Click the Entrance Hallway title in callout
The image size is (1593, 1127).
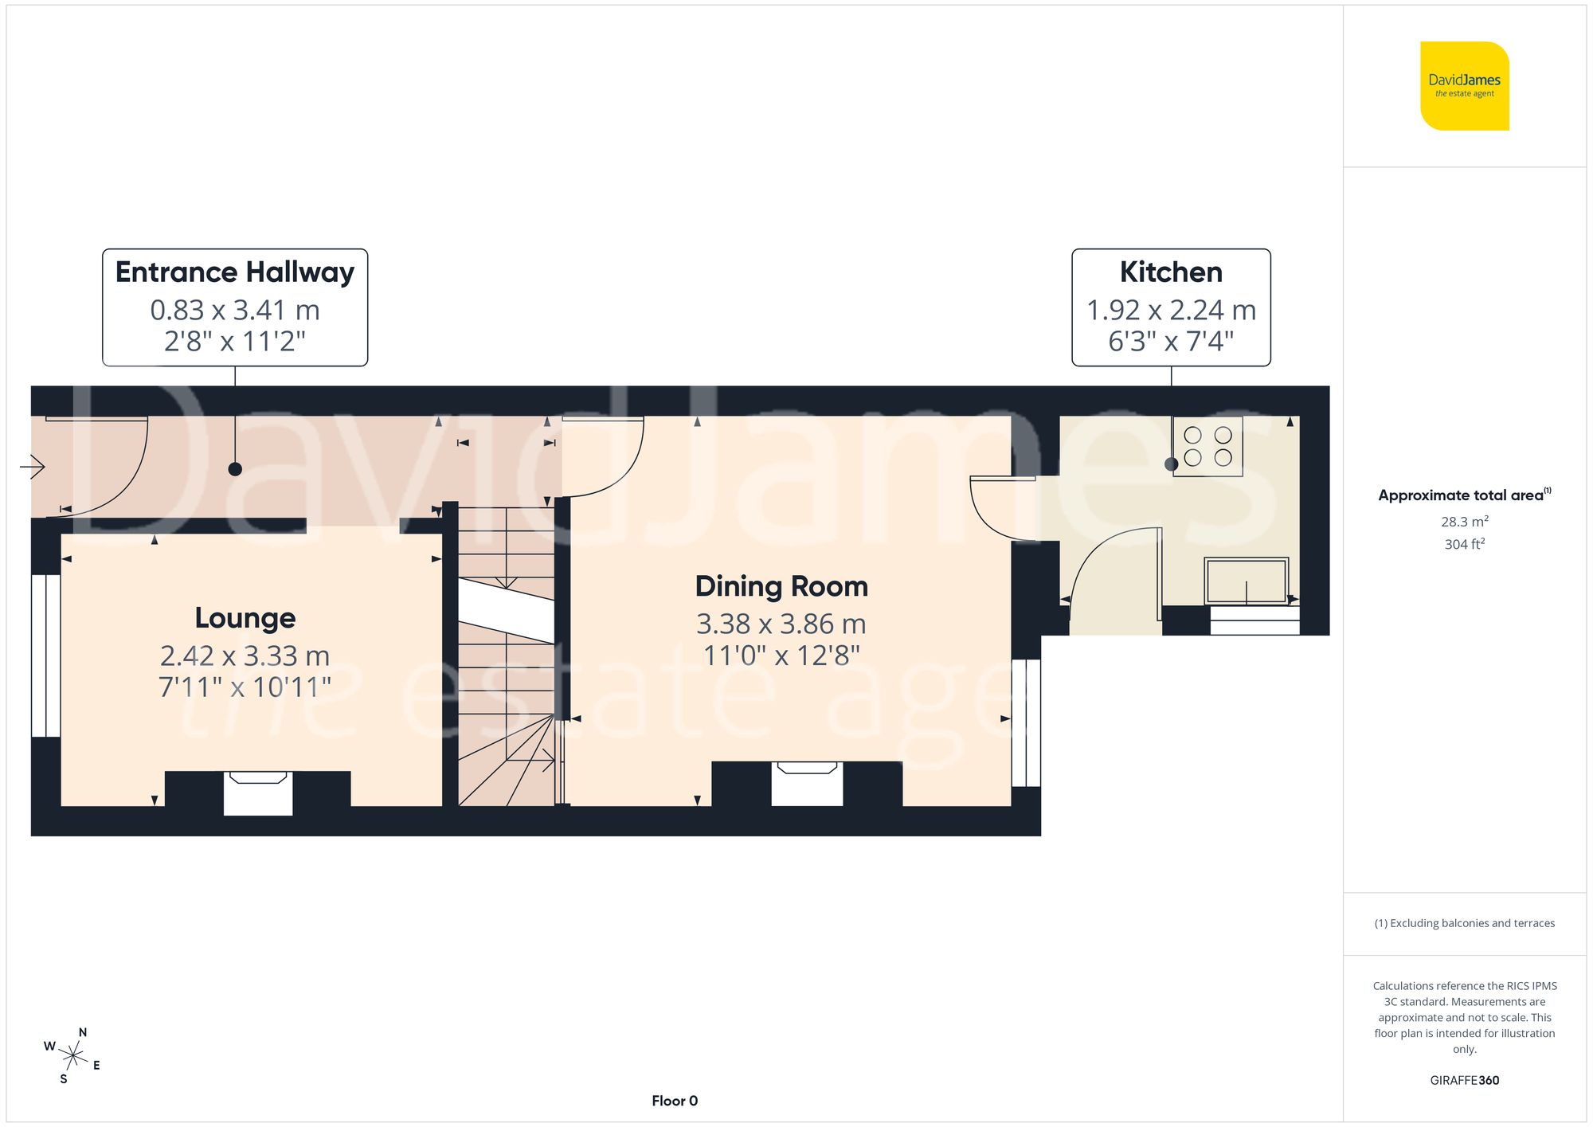(235, 272)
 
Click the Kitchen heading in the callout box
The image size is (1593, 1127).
(1170, 272)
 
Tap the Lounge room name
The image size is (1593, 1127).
(245, 618)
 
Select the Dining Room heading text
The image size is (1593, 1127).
(781, 586)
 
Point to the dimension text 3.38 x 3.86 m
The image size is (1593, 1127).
(781, 624)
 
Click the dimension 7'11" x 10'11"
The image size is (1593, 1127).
(245, 687)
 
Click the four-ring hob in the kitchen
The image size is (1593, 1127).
(1207, 447)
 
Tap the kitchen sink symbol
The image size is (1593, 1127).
(1246, 581)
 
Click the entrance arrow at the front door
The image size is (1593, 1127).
(33, 466)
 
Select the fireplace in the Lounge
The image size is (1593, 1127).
(258, 792)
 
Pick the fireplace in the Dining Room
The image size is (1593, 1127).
(807, 784)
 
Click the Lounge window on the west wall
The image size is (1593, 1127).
(46, 655)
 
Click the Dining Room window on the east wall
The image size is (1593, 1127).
(1026, 722)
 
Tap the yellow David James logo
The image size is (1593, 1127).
(1464, 86)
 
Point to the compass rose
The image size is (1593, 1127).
(72, 1056)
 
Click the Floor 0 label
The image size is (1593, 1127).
(675, 1101)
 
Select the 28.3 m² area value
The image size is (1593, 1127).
(1464, 522)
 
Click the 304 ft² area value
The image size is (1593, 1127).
(1464, 544)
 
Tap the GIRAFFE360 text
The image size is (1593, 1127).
(1464, 1080)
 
